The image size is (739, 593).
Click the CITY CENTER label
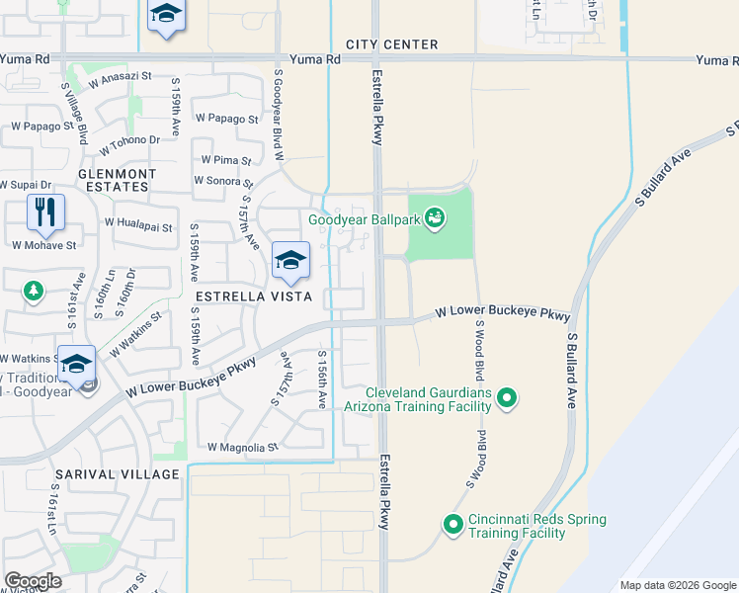391,44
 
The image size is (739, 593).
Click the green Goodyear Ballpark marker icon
436,217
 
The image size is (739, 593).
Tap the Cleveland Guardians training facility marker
507,398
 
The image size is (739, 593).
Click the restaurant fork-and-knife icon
45,212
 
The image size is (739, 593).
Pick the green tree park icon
34,291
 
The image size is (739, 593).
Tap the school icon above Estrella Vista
290,261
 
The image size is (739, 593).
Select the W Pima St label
226,159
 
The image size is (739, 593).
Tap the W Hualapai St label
140,226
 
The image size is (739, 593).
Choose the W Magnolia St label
242,448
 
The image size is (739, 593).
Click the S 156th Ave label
322,380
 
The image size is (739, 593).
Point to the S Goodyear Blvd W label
279,115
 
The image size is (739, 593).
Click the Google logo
33,581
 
